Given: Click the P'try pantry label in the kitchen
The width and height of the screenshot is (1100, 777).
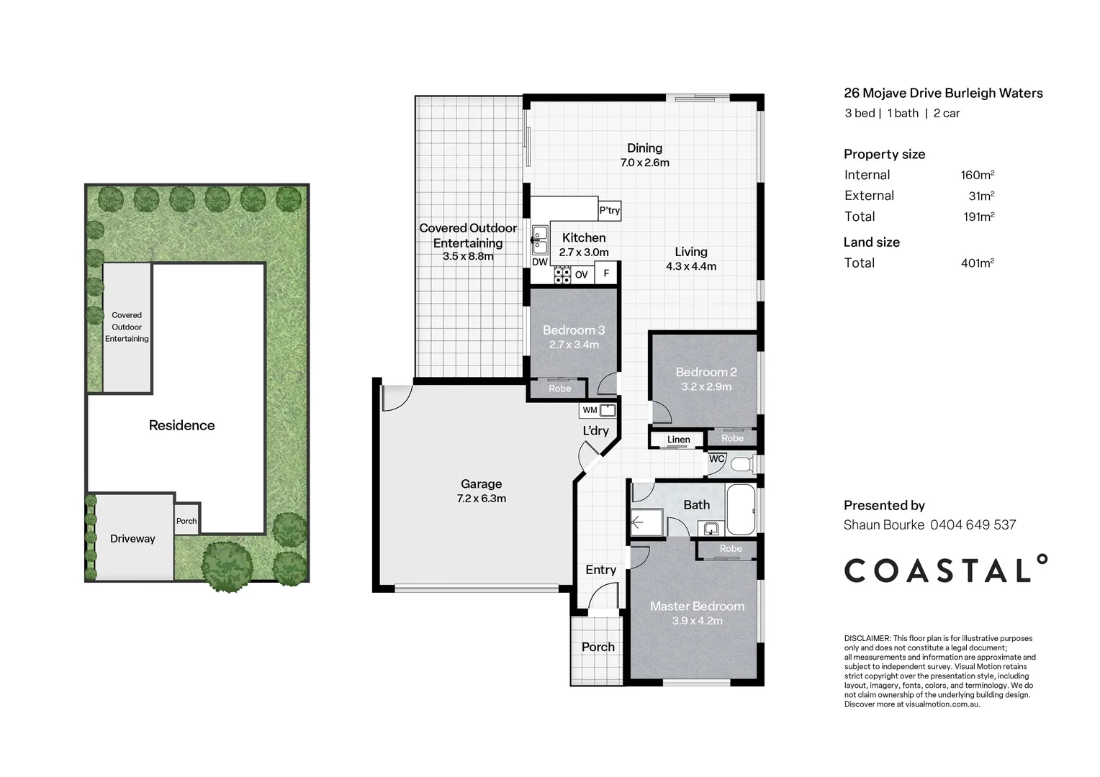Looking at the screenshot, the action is click(610, 211).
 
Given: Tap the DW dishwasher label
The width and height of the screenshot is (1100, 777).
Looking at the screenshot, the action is click(540, 262).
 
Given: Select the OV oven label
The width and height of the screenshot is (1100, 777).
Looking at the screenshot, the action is click(582, 275).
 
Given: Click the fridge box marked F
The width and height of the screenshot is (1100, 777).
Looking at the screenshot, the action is click(606, 273).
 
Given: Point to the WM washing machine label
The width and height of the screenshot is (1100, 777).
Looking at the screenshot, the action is click(590, 410).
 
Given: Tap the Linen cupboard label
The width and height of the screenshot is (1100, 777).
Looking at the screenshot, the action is click(678, 440).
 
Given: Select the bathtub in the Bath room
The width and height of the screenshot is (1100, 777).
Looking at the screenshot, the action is click(741, 509).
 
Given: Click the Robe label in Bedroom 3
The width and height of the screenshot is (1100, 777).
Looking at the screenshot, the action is click(560, 388).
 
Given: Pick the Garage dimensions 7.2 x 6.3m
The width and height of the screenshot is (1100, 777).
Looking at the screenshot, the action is click(481, 499).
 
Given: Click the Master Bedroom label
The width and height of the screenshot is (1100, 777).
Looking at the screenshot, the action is click(698, 606).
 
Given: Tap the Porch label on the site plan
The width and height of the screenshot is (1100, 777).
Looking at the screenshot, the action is click(186, 521).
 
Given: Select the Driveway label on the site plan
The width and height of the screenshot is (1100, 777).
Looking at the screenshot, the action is click(132, 538).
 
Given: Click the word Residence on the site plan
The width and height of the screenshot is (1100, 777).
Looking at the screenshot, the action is click(181, 425).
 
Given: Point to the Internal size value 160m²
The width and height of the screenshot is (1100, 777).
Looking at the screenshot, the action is click(977, 175).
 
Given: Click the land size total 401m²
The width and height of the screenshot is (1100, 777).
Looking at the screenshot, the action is click(977, 263).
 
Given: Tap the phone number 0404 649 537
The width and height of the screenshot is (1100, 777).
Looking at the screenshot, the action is click(973, 524).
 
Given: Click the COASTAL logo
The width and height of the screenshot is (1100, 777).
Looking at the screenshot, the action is click(945, 569).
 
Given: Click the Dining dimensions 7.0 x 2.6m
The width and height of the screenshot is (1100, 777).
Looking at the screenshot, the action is click(645, 163).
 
